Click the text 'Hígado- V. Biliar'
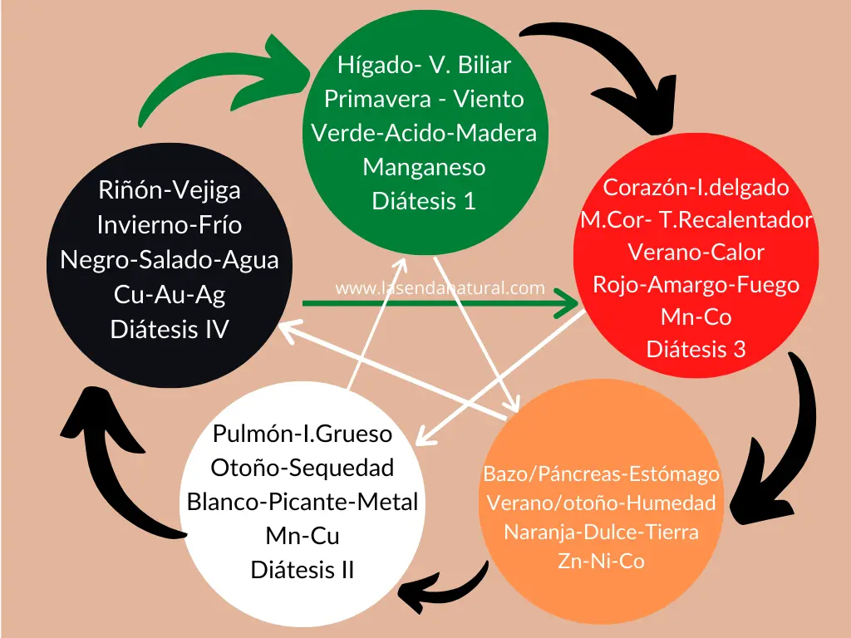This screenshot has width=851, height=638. [x=424, y=65]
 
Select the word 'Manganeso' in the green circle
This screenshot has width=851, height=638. [x=424, y=167]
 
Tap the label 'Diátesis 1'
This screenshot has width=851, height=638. [x=424, y=201]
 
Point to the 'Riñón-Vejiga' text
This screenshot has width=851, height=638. [x=170, y=190]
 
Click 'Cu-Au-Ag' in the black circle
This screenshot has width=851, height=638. [x=170, y=294]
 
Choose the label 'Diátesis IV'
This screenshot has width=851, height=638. [x=170, y=329]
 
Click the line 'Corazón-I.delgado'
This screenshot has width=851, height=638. [x=696, y=187]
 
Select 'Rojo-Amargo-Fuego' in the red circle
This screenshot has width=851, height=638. [x=696, y=284]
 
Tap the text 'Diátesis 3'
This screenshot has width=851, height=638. [x=696, y=349]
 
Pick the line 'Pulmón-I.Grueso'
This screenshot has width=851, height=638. [x=303, y=434]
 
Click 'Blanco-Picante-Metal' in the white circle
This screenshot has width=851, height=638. [x=303, y=502]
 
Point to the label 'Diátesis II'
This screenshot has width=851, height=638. [x=303, y=570]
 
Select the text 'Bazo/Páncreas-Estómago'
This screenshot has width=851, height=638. [x=601, y=474]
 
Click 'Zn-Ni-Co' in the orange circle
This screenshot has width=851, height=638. [x=601, y=562]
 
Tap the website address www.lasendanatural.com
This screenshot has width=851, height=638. [x=440, y=288]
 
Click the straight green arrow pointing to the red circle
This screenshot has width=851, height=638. [x=440, y=304]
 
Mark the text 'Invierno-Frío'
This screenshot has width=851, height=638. [x=170, y=225]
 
